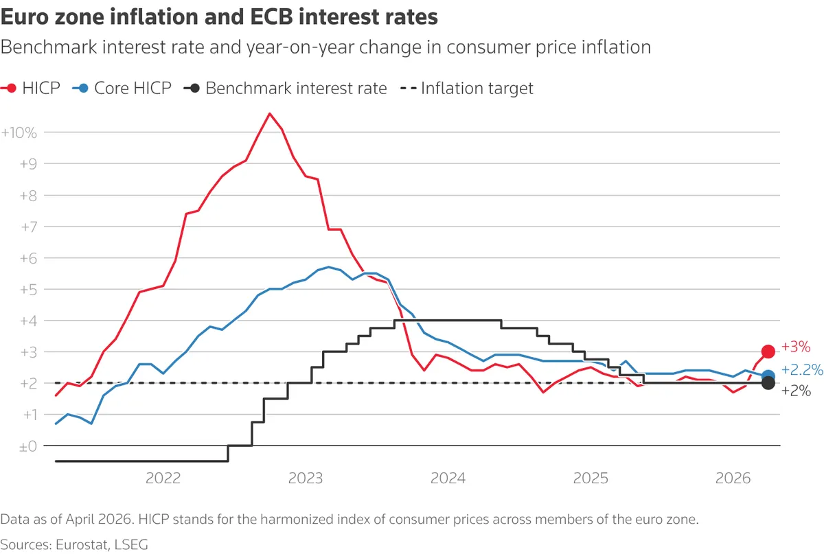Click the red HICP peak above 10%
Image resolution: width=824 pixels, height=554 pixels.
tap(270, 114)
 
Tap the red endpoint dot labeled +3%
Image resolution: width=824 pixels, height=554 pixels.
tap(768, 351)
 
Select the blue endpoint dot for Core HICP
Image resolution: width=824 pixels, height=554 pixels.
tap(768, 376)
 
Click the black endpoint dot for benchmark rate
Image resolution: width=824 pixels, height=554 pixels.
tap(768, 383)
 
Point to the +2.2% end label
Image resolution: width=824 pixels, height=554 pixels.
tap(802, 370)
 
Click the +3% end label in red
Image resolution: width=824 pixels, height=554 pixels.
tap(796, 347)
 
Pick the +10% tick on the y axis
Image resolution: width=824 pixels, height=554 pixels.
tap(19, 132)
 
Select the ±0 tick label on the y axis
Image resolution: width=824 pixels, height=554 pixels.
tap(28, 446)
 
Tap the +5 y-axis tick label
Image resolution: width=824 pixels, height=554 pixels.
tap(29, 290)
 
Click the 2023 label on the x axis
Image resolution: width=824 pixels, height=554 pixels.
tap(306, 478)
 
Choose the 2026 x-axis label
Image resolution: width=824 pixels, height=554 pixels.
tap(733, 478)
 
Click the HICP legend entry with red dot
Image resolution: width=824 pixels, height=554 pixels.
tap(30, 89)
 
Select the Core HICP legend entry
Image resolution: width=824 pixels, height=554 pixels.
tap(122, 89)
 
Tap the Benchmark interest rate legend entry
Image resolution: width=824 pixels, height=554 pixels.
tap(286, 89)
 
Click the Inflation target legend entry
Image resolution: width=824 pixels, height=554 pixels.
tap(467, 89)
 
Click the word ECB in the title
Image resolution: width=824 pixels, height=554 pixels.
tap(273, 17)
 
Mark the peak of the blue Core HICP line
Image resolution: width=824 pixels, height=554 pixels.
tap(328, 267)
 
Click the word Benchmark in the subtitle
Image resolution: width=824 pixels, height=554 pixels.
tap(49, 47)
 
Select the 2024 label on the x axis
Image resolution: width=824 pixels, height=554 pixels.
tap(448, 478)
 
